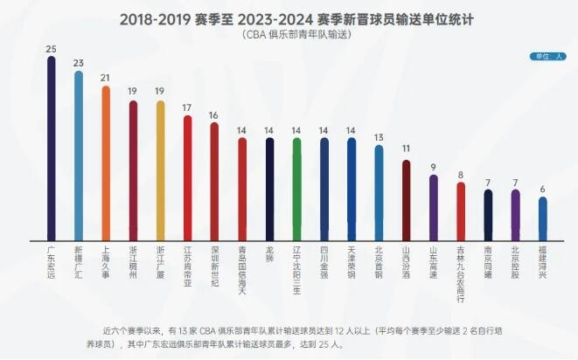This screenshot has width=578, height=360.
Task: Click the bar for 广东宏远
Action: (51, 149)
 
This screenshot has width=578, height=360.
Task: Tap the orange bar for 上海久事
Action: (106, 163)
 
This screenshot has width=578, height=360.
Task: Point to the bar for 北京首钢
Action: (379, 193)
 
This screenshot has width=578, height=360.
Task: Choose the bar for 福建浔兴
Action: (542, 219)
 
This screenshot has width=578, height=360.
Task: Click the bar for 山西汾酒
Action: (406, 200)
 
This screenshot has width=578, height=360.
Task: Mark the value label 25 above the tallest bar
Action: (51, 48)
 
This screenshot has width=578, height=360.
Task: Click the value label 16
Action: (214, 115)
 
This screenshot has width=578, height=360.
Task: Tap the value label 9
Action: (433, 167)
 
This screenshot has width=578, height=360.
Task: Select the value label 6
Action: (542, 189)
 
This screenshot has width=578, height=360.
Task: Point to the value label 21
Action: (106, 78)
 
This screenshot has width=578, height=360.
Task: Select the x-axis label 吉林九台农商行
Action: (460, 270)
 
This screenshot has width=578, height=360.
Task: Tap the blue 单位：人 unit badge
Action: (545, 57)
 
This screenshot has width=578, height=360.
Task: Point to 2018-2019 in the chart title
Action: (152, 17)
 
